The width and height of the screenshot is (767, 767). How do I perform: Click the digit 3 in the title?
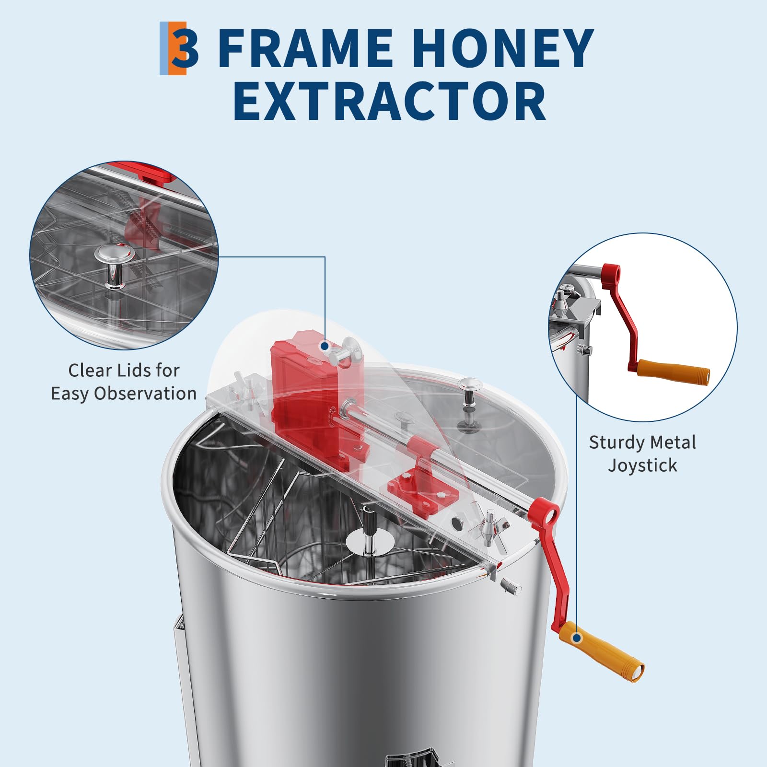click(185, 48)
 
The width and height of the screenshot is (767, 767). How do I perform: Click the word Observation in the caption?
click(145, 394)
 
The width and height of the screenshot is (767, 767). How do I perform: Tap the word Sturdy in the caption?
click(618, 443)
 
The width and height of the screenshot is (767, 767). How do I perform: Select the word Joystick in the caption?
click(642, 465)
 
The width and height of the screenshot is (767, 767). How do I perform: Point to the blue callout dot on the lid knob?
click(325, 346)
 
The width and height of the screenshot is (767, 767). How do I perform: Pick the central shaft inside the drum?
click(368, 532)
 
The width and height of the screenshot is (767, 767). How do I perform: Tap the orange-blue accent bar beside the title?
click(173, 48)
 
